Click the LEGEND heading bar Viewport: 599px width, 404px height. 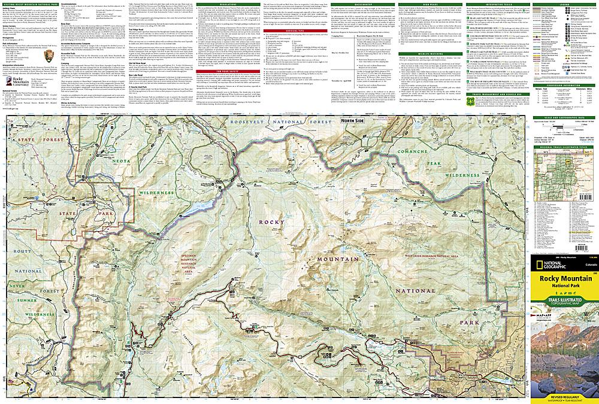pos(565,4)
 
